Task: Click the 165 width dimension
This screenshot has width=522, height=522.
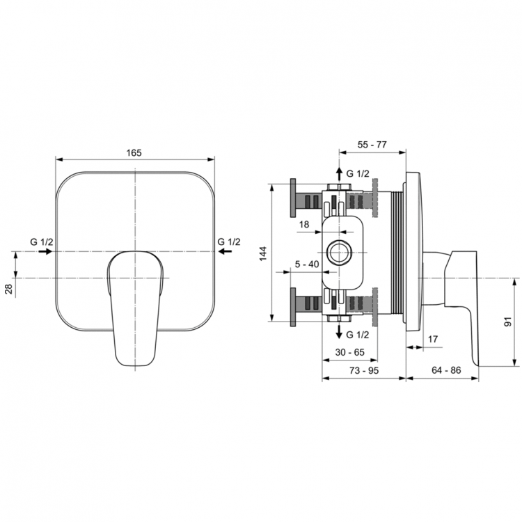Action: point(135,152)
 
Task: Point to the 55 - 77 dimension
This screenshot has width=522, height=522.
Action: point(372,145)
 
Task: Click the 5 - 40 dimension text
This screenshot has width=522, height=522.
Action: point(306,264)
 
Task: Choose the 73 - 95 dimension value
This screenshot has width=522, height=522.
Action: point(363,370)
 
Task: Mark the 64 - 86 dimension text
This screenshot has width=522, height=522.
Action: point(446,370)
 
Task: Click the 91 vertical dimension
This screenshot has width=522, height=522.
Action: point(510,322)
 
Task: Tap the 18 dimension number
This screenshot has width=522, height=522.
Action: point(304,223)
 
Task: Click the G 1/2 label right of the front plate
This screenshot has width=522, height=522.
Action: point(229,241)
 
